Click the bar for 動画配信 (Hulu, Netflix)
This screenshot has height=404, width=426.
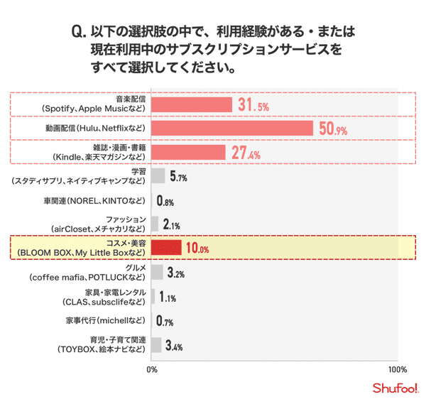tap(232, 128)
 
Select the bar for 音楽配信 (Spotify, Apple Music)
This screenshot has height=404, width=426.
tap(192, 104)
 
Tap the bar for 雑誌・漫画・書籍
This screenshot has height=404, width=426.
tap(188, 152)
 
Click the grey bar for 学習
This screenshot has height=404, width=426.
tap(158, 175)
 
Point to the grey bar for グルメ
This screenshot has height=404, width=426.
tap(157, 273)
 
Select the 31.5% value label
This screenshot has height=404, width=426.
tap(253, 106)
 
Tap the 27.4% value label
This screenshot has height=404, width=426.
tap(245, 153)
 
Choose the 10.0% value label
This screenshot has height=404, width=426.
tap(197, 249)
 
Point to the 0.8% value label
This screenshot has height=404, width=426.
tap(165, 201)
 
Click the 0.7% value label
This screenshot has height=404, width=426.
tap(165, 322)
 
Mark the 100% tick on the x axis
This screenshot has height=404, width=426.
tap(398, 370)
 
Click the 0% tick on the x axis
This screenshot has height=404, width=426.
tap(151, 370)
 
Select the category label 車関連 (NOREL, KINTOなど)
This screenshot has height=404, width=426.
tap(102, 201)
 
